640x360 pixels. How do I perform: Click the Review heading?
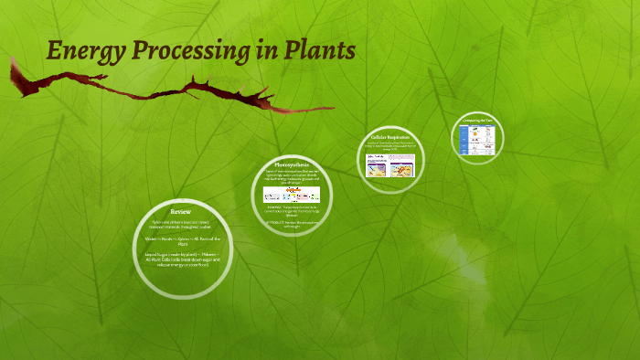coord(180,212)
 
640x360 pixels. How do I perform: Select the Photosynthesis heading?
coord(292,164)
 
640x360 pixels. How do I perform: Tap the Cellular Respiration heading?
coord(391,138)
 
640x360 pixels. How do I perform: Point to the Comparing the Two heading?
coord(480,121)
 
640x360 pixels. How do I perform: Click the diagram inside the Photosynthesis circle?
coord(292,195)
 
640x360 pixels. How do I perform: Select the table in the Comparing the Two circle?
coord(480,139)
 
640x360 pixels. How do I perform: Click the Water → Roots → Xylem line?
coord(180,242)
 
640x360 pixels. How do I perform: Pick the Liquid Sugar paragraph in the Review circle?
coord(180,262)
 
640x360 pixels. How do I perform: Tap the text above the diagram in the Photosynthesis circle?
coord(292,176)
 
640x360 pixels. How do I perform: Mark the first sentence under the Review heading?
coord(180,226)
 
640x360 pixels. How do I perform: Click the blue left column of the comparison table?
coord(463,139)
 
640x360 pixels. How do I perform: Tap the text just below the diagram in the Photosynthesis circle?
coord(292,211)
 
